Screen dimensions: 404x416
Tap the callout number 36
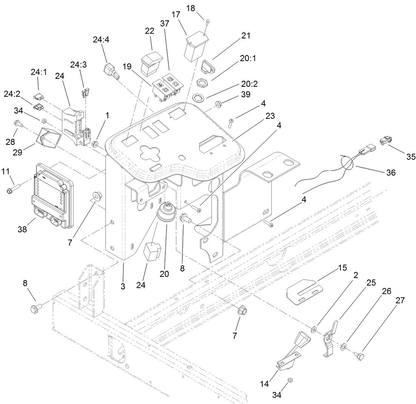coord(391,172)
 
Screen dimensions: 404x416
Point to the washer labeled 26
coord(343,346)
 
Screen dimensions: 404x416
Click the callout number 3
coord(123,286)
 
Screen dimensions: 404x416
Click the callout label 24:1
coord(39,72)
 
